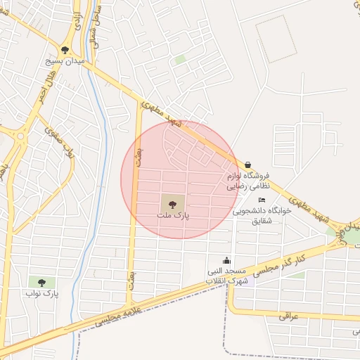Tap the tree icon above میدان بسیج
[x=65, y=50]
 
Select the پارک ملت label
[x=174, y=216]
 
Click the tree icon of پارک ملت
[x=172, y=205]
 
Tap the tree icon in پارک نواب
[x=41, y=283]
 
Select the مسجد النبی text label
[x=226, y=271]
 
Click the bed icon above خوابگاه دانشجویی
[x=262, y=200]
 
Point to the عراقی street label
[x=289, y=316]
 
